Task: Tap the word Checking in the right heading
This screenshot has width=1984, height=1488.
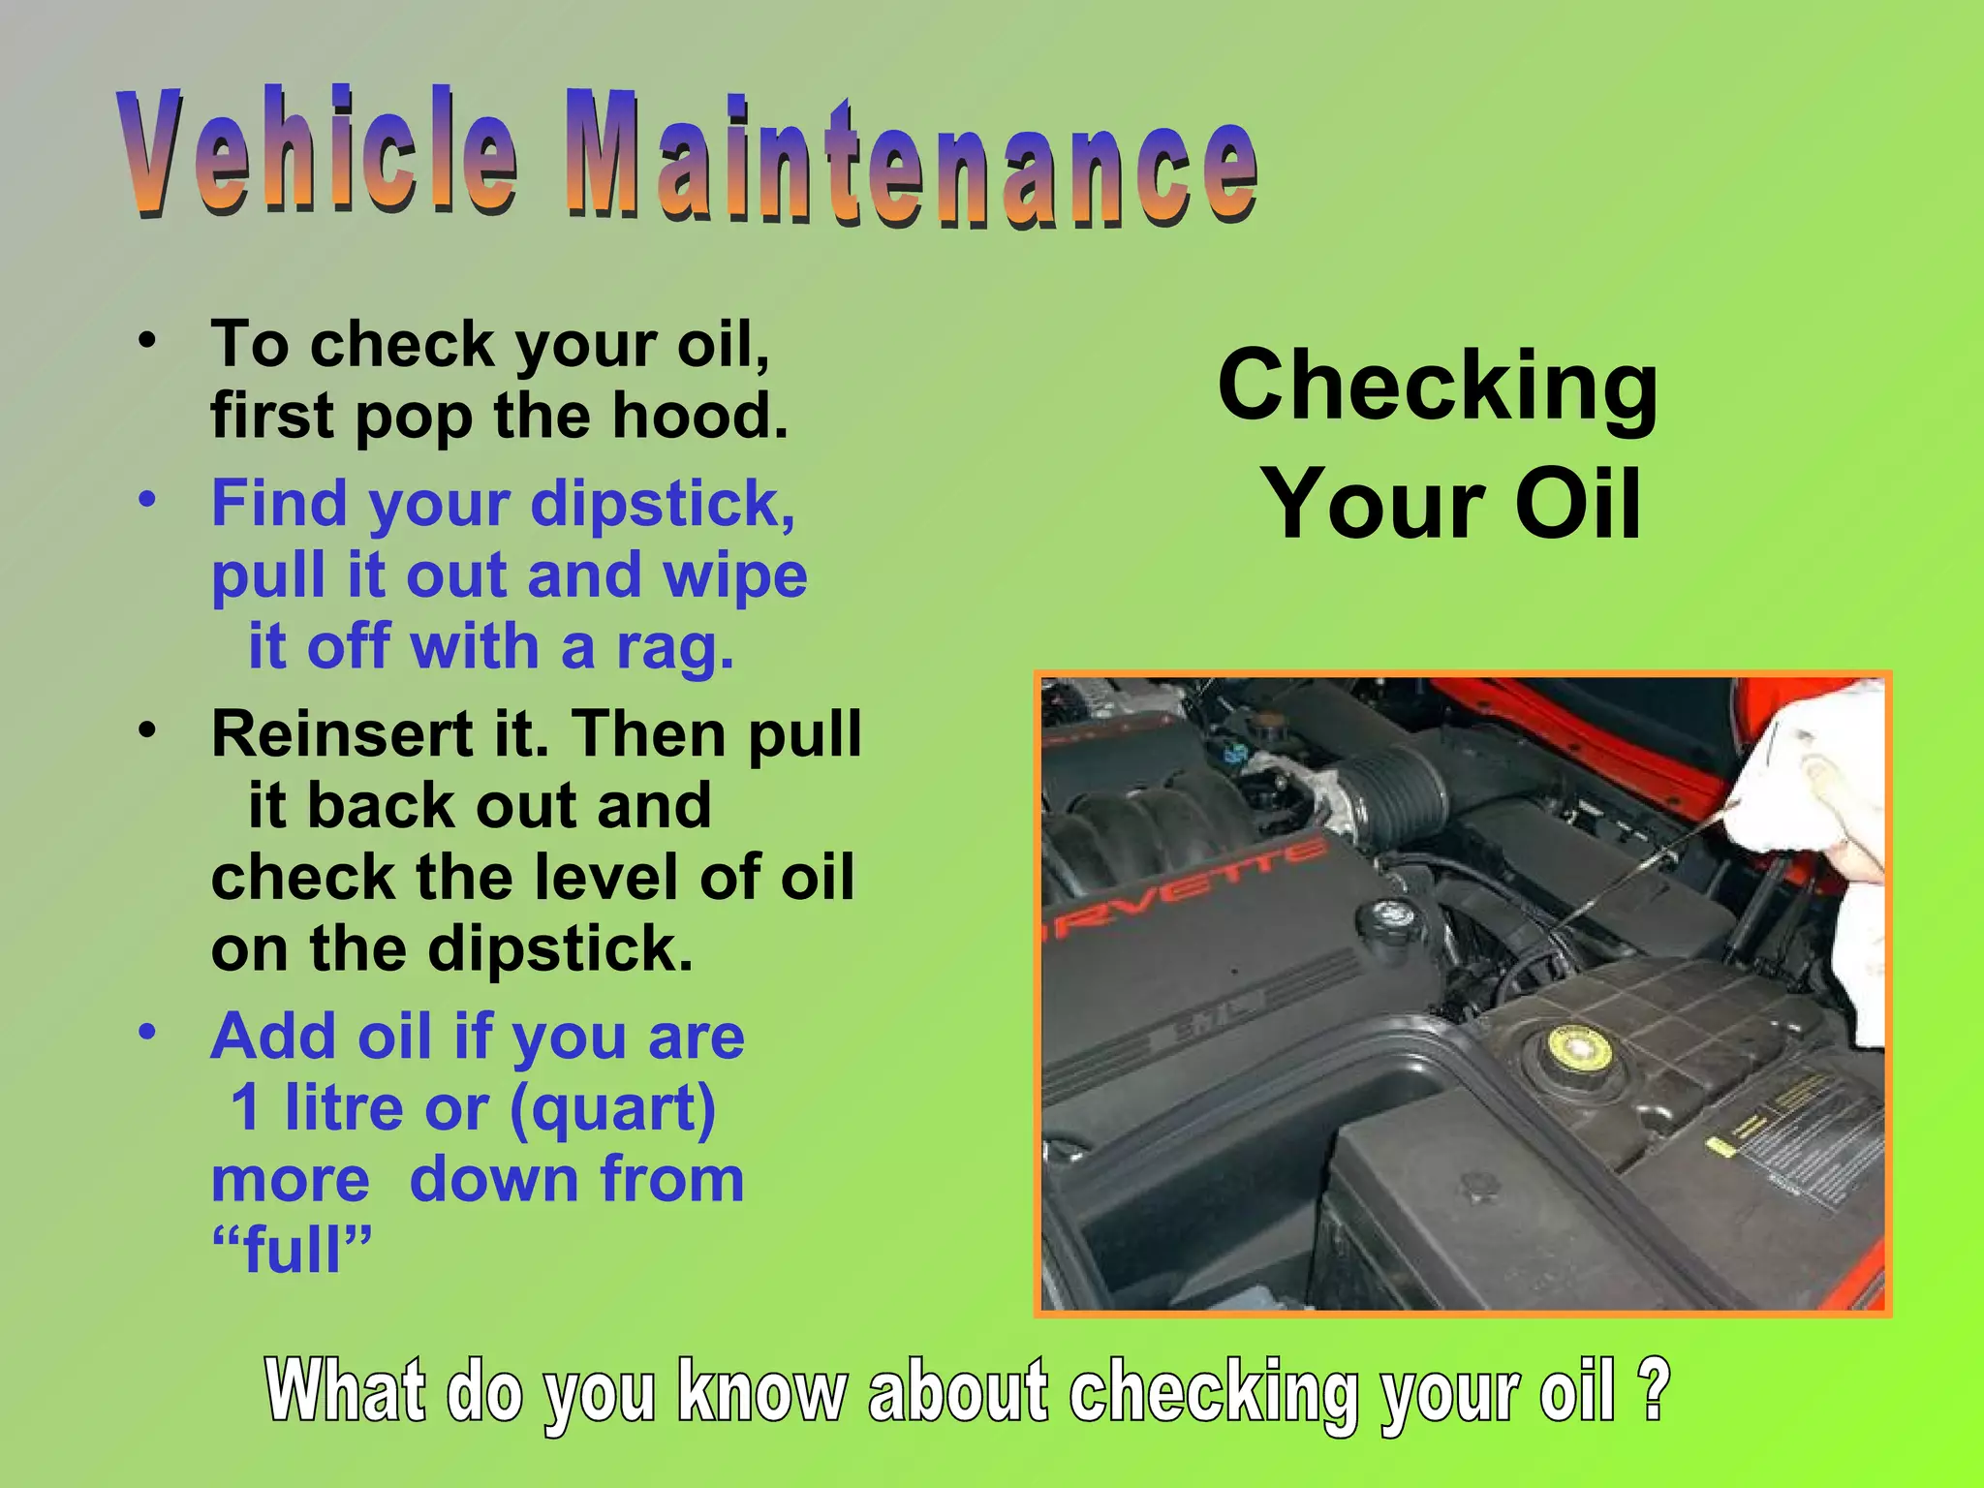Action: (1438, 387)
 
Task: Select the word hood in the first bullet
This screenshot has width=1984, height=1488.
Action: (698, 416)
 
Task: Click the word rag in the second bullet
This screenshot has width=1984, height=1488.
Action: (674, 649)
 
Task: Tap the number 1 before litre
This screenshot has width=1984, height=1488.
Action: (246, 1108)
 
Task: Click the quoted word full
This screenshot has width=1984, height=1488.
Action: (292, 1251)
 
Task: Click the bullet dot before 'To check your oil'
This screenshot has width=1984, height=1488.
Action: (146, 341)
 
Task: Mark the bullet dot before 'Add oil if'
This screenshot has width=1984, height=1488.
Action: (146, 1032)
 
